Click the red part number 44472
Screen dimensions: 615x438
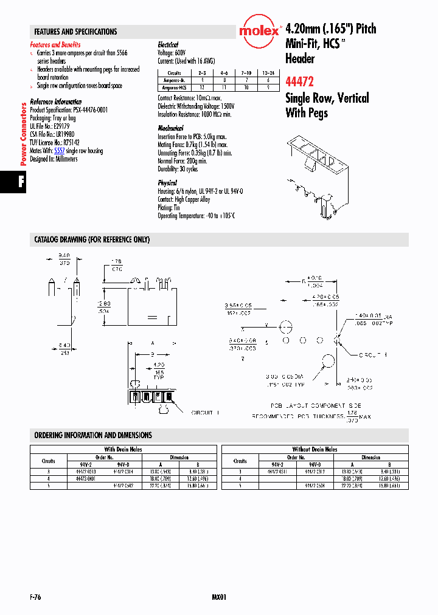click(300, 80)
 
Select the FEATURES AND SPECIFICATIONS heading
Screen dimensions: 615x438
click(76, 32)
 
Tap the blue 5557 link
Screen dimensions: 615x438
click(59, 151)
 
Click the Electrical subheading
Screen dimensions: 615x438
click(168, 45)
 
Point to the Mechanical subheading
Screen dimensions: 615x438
click(170, 128)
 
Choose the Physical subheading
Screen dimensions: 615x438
click(167, 182)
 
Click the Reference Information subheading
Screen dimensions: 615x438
click(56, 101)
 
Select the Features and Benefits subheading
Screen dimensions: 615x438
click(55, 45)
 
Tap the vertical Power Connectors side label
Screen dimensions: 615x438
click(24, 134)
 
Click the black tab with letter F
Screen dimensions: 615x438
click(20, 183)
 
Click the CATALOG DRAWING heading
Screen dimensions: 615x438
click(92, 240)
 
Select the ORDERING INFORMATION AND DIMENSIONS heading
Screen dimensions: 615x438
click(93, 435)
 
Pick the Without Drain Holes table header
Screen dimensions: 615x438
click(315, 449)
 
